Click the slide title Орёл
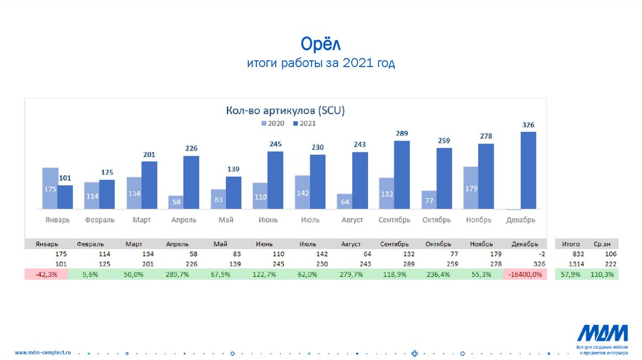[x=320, y=44]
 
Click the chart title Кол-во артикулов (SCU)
[x=285, y=110]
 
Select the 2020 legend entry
[x=273, y=124]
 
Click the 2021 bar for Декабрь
[x=529, y=170]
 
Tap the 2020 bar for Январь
[x=50, y=188]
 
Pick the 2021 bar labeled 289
[x=402, y=174]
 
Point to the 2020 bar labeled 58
[x=176, y=202]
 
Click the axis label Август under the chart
[x=352, y=220]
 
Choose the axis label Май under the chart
[x=226, y=220]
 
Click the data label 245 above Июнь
[x=276, y=144]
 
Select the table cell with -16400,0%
[x=525, y=275]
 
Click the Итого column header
[x=571, y=244]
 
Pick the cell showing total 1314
[x=571, y=265]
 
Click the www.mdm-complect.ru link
[x=43, y=352]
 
